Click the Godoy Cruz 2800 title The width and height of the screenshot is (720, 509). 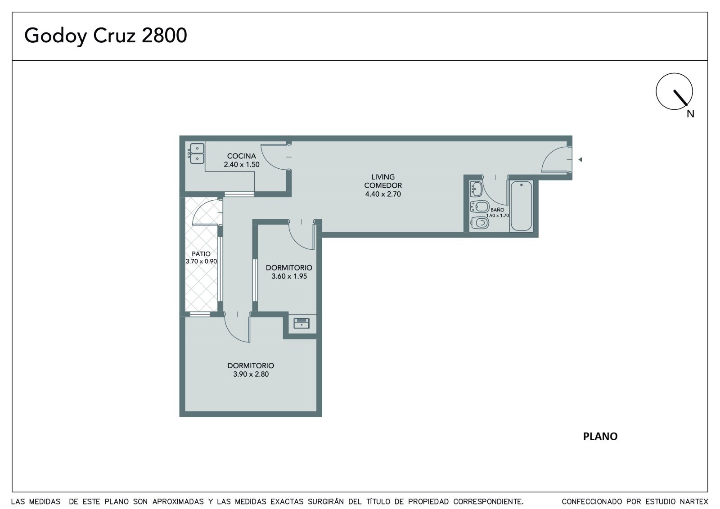click(105, 36)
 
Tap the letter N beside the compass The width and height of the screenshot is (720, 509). click(690, 114)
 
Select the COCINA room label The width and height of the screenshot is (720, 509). click(241, 156)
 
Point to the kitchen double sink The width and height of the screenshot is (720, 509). click(197, 153)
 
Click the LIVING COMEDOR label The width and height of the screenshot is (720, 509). click(383, 181)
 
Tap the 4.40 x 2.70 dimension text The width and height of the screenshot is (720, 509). click(383, 194)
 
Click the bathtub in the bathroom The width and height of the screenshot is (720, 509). click(521, 206)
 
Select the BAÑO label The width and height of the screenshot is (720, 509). click(497, 210)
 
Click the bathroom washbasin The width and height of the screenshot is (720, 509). click(477, 189)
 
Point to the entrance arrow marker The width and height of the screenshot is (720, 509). click(580, 159)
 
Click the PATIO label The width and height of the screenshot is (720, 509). click(201, 254)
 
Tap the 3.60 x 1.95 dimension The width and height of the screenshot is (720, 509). click(289, 276)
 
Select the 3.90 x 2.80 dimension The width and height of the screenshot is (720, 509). click(251, 374)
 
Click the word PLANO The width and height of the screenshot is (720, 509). click(600, 437)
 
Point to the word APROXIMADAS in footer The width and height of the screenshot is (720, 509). click(178, 502)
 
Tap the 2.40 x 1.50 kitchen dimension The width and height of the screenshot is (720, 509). click(241, 164)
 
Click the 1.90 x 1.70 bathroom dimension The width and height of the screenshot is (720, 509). click(497, 216)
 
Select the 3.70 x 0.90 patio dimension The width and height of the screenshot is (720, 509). click(201, 261)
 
